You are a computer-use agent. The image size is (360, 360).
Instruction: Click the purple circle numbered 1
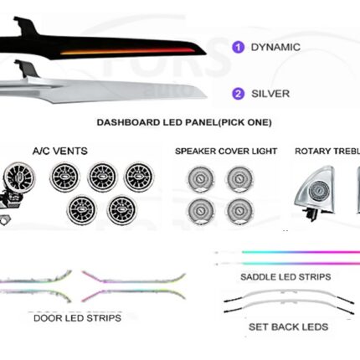[238, 47]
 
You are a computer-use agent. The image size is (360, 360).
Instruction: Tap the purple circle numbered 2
[238, 94]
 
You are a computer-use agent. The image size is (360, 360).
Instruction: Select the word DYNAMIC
[275, 47]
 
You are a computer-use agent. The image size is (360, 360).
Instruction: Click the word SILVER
[270, 94]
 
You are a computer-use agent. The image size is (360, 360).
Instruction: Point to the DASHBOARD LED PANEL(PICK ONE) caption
[184, 122]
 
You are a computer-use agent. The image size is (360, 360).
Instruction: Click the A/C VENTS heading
[60, 151]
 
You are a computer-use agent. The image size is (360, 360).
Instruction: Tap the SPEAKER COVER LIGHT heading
[226, 151]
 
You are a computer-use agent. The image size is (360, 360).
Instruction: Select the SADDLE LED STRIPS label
[285, 277]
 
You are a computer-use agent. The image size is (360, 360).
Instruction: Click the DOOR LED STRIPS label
[77, 318]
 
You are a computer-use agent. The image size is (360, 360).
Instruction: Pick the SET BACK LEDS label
[288, 327]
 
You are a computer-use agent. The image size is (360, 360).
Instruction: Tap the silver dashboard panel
[103, 90]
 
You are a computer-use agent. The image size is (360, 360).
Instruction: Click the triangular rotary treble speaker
[316, 193]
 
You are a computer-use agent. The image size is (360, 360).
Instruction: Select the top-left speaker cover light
[201, 179]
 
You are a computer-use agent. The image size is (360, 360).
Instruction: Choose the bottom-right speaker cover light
[240, 211]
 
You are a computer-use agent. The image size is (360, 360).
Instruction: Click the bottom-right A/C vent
[122, 210]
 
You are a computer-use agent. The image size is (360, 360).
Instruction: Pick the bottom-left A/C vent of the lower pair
[82, 210]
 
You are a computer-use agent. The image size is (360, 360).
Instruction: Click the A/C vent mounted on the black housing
[20, 177]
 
